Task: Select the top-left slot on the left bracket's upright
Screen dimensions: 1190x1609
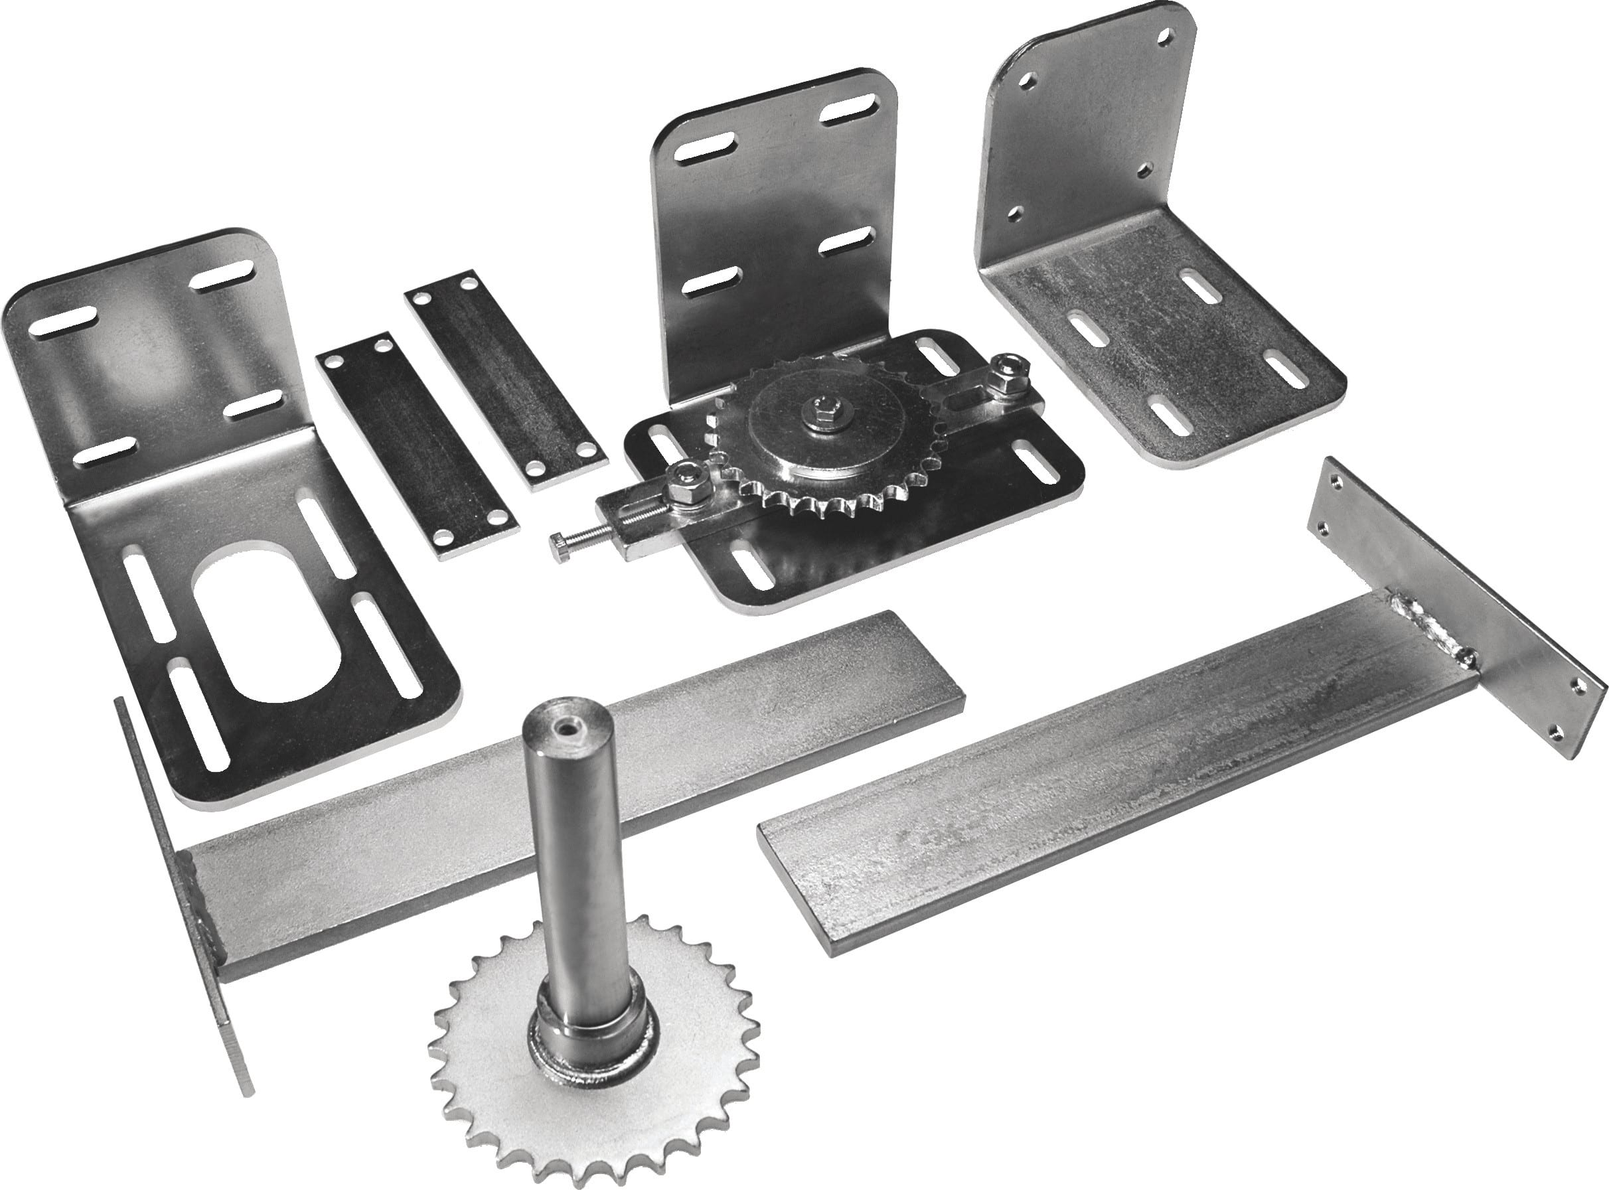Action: click(x=62, y=321)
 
